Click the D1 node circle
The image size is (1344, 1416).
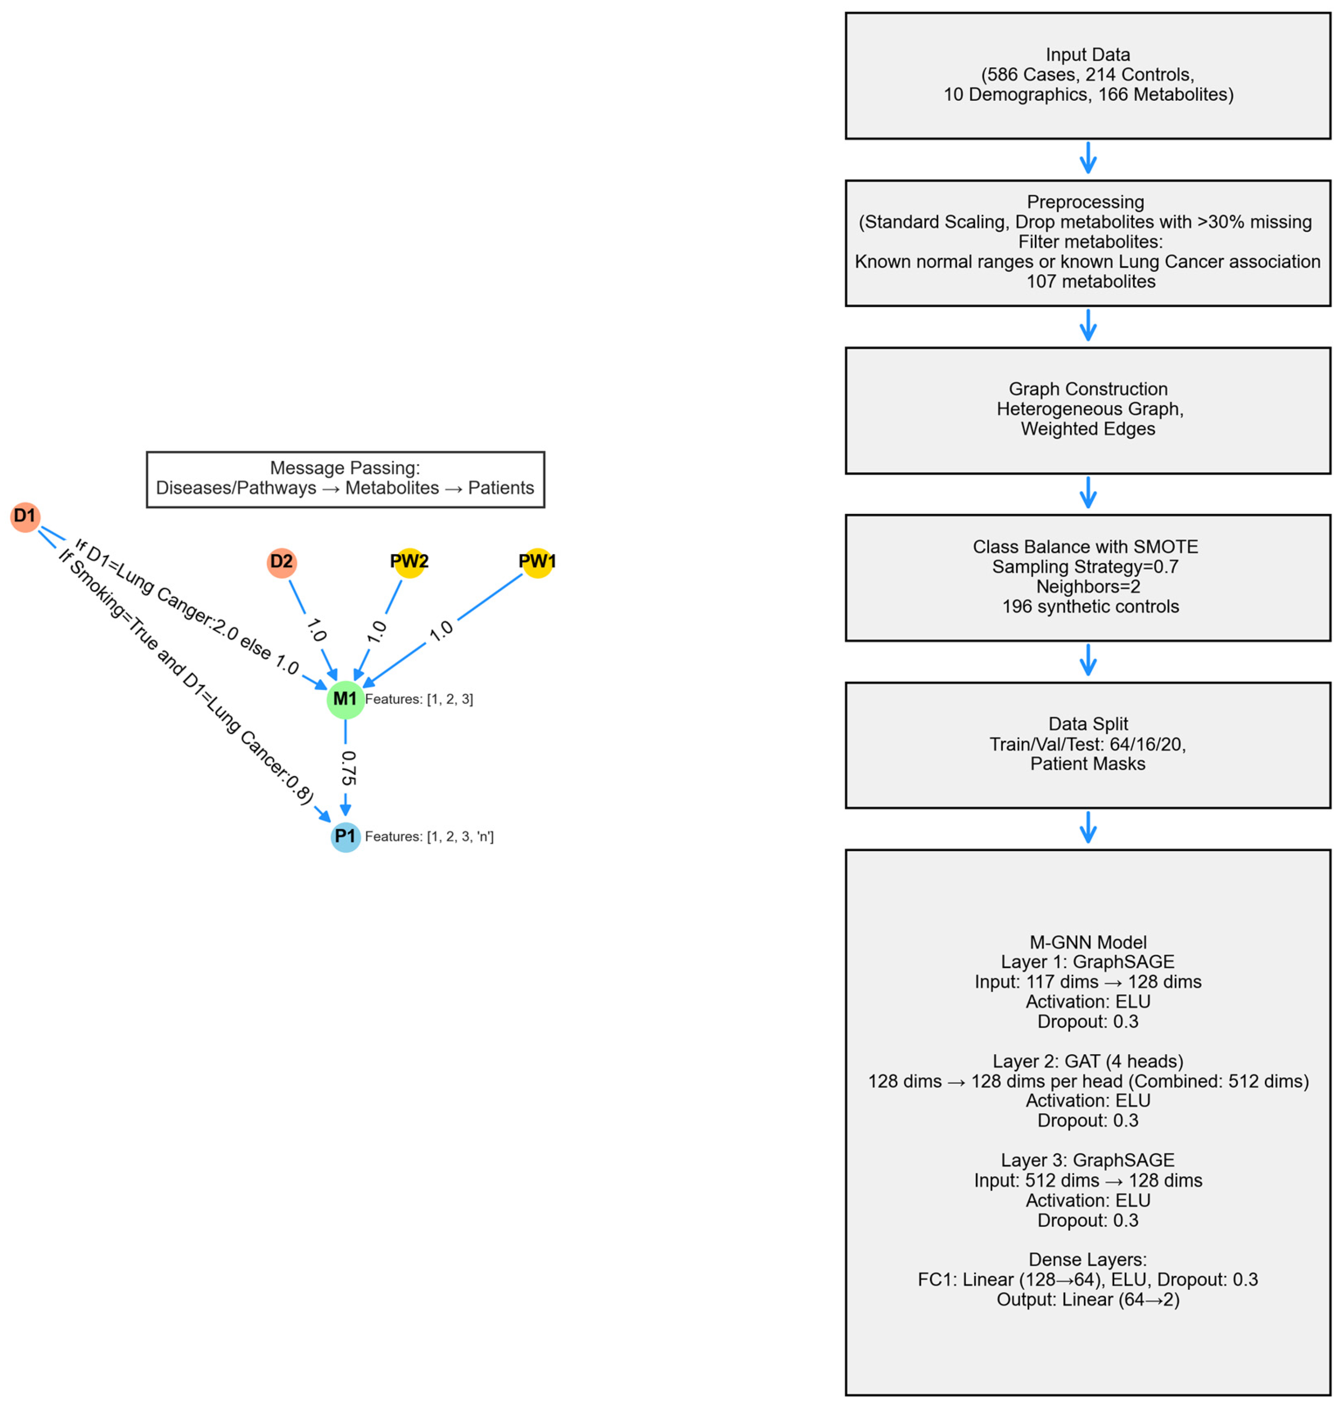[x=25, y=516]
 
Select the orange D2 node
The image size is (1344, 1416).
[x=281, y=562]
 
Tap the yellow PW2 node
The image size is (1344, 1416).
[x=409, y=562]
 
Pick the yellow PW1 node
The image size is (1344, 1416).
[x=537, y=562]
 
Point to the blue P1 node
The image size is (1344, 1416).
[x=345, y=837]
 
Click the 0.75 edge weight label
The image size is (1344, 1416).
[x=348, y=768]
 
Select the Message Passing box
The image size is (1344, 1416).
[x=345, y=479]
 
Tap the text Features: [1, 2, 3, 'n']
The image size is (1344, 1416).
[x=429, y=837]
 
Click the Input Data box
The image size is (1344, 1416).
[x=1087, y=75]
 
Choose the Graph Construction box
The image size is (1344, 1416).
[x=1087, y=410]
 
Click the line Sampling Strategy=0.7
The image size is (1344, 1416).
[x=1085, y=567]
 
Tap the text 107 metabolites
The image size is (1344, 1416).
[x=1090, y=281]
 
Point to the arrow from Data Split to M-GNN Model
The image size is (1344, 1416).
[x=1087, y=827]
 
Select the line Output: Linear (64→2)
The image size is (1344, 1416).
[x=1087, y=1299]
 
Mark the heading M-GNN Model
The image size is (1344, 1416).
[x=1087, y=942]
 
